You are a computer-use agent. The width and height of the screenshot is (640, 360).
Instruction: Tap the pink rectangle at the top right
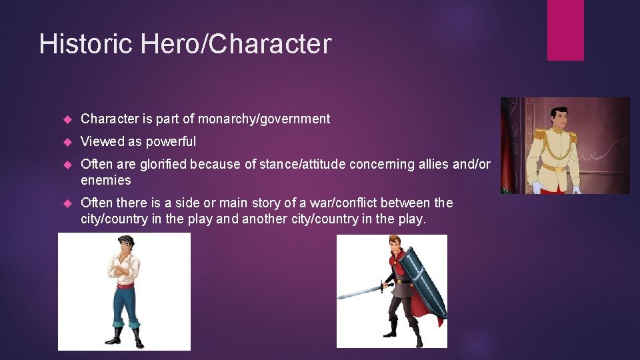(x=565, y=30)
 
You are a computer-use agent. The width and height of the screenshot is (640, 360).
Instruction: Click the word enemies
(x=105, y=180)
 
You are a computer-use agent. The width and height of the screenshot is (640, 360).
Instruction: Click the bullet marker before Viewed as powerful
(x=67, y=142)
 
